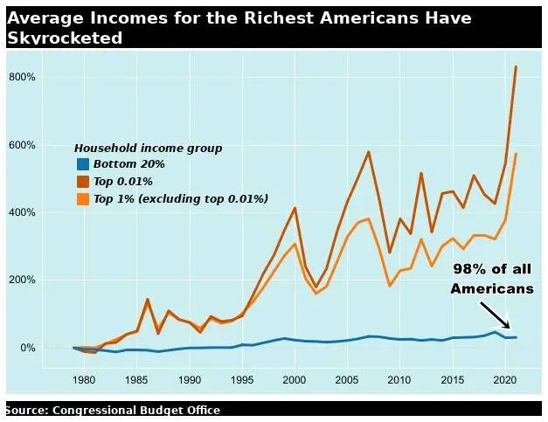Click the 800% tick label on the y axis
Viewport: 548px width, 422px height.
click(22, 77)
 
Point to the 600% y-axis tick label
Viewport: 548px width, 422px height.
click(22, 145)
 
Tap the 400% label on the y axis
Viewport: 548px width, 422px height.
click(22, 212)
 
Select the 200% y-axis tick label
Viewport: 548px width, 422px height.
click(22, 280)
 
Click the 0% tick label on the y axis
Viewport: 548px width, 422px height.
click(26, 348)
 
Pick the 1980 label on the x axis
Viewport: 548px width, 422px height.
click(84, 381)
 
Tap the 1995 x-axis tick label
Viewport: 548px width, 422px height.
click(242, 381)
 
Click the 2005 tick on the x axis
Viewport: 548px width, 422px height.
click(347, 381)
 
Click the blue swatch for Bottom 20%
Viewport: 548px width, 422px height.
click(83, 164)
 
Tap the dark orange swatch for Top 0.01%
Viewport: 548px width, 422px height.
click(83, 182)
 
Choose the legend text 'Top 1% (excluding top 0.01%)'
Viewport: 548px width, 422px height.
click(181, 199)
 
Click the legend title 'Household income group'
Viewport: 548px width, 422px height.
click(148, 149)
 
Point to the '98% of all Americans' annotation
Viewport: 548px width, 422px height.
click(492, 279)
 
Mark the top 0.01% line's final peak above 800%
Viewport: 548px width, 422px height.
click(516, 66)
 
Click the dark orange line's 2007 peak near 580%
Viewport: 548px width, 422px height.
click(368, 152)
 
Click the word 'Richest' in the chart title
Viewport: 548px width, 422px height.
click(275, 18)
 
